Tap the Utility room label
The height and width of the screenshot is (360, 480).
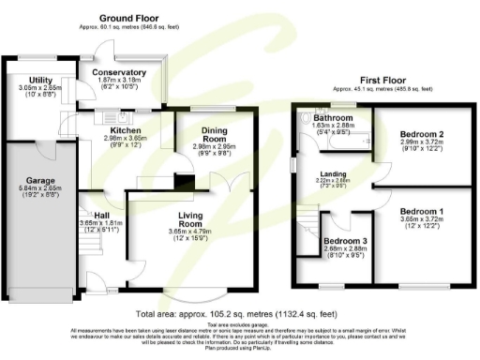[x=39, y=81]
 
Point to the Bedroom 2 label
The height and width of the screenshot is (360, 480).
[x=413, y=134]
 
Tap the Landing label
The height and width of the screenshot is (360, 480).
[x=335, y=174]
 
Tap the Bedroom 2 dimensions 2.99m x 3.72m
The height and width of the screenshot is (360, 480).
[x=413, y=142]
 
